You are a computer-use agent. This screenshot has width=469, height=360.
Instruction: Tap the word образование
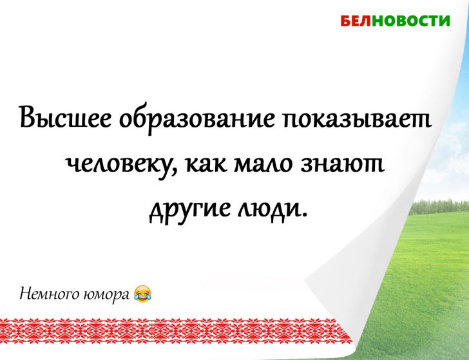(193, 118)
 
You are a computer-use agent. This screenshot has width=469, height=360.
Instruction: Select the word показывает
(353, 118)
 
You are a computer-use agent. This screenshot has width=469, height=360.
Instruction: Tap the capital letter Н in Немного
(26, 294)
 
